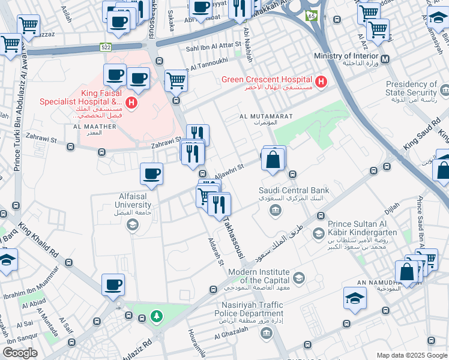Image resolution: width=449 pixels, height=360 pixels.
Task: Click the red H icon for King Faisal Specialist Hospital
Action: (x=131, y=103)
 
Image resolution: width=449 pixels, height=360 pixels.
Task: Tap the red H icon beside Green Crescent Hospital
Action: (x=321, y=81)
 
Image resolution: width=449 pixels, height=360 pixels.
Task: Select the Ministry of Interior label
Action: (x=346, y=56)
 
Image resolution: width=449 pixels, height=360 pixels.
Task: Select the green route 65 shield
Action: (x=312, y=16)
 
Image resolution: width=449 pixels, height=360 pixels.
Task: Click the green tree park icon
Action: (x=156, y=315)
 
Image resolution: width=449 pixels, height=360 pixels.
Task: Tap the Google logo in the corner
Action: (x=20, y=352)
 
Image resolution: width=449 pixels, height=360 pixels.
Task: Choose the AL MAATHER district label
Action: (x=95, y=127)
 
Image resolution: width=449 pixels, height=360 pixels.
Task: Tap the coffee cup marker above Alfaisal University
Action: (x=151, y=174)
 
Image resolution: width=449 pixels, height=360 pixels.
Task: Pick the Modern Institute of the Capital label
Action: (x=258, y=277)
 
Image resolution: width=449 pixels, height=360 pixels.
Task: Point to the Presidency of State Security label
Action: (x=411, y=89)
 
